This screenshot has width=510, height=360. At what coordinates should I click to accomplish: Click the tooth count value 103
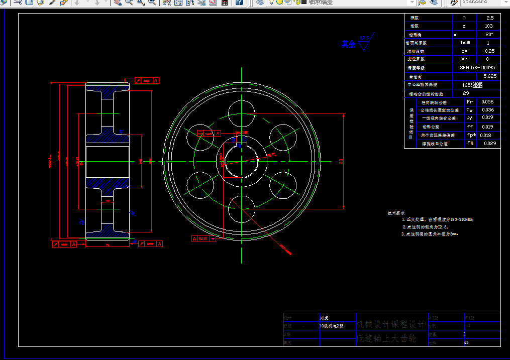pyautogui.click(x=489, y=26)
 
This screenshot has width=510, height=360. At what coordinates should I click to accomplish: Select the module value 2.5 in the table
pyautogui.click(x=490, y=18)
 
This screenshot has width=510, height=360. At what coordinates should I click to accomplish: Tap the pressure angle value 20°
pyautogui.click(x=489, y=34)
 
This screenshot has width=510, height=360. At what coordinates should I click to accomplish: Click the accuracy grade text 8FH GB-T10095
pyautogui.click(x=477, y=67)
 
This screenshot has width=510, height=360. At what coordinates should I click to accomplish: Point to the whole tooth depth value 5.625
pyautogui.click(x=489, y=76)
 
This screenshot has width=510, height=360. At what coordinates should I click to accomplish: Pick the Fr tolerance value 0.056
pyautogui.click(x=487, y=101)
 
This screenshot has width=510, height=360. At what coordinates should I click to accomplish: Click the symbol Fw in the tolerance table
pyautogui.click(x=470, y=110)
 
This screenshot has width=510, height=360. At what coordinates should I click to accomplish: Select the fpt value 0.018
pyautogui.click(x=485, y=135)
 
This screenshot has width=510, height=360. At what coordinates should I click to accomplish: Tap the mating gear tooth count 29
pyautogui.click(x=466, y=93)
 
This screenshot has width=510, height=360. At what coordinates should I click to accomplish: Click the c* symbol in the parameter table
pyautogui.click(x=464, y=51)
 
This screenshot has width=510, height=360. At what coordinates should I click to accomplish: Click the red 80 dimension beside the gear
pyautogui.click(x=341, y=162)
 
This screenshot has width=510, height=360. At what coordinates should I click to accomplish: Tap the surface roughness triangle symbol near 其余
pyautogui.click(x=364, y=44)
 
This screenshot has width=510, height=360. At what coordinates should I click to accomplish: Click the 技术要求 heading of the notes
pyautogui.click(x=396, y=213)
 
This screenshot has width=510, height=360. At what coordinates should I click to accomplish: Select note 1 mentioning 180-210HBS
pyautogui.click(x=438, y=219)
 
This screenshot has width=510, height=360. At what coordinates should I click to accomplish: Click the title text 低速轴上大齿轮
pyautogui.click(x=386, y=339)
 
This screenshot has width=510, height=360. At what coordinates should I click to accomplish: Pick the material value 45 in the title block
pyautogui.click(x=466, y=342)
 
